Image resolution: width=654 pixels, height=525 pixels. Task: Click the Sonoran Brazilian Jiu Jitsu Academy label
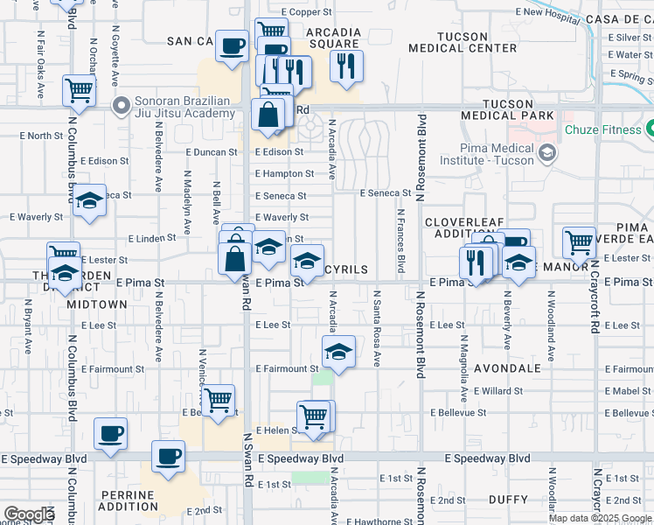pos(185,107)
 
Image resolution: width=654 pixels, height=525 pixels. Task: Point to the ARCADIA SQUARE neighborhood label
pos(333,38)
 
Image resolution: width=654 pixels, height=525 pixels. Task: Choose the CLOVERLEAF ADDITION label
pos(466,228)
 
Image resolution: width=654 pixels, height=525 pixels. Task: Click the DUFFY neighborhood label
pos(508,500)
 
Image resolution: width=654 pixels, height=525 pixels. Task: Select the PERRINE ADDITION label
pos(128,500)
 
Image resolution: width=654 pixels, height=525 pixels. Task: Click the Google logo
pos(29,514)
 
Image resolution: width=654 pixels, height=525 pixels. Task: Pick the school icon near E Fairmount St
pos(337,352)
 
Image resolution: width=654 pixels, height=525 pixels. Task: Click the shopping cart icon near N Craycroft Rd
pos(579,241)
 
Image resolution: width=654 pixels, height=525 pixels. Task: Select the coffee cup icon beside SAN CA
pos(232,46)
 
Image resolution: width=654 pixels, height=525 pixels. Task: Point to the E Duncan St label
pos(212,151)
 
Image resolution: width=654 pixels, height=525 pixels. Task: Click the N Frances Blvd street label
pos(401,239)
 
